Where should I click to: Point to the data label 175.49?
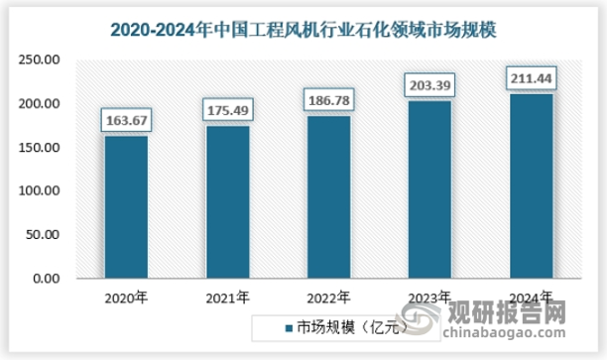pos(227,109)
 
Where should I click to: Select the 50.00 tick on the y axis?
pos(48,235)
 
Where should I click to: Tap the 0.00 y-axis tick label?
pos(51,279)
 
